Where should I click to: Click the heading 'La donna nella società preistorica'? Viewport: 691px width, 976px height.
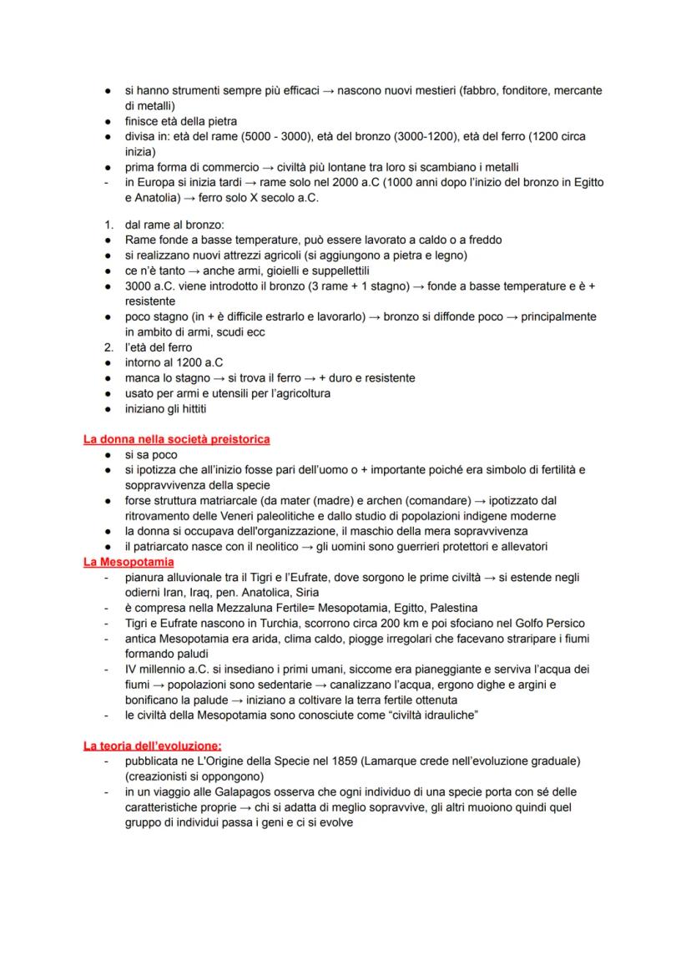pyautogui.click(x=176, y=439)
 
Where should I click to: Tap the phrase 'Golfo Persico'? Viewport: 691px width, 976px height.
pyautogui.click(x=547, y=623)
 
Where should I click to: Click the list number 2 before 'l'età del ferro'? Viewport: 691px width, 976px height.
pyautogui.click(x=108, y=347)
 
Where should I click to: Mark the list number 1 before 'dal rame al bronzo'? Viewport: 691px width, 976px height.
pyautogui.click(x=108, y=225)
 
